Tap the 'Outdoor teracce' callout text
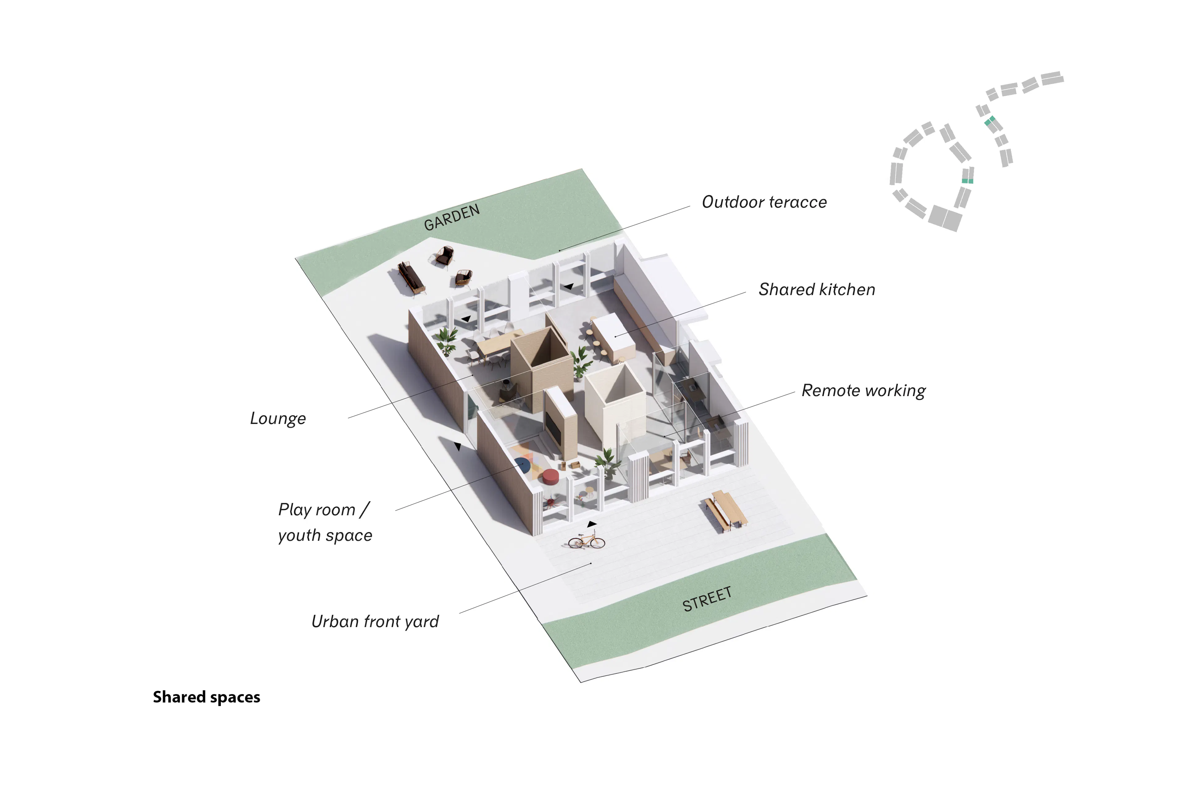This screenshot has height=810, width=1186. [x=764, y=202]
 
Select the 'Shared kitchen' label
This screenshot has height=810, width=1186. [x=817, y=290]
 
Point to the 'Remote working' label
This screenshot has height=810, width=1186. [x=864, y=391]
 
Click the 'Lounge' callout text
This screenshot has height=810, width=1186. [x=278, y=419]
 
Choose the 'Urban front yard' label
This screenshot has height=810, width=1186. [x=375, y=622]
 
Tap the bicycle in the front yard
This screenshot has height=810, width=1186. [x=587, y=540]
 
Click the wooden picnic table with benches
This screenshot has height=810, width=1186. [x=726, y=510]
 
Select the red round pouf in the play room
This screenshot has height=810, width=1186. [x=551, y=477]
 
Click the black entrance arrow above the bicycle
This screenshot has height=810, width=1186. [x=591, y=524]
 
